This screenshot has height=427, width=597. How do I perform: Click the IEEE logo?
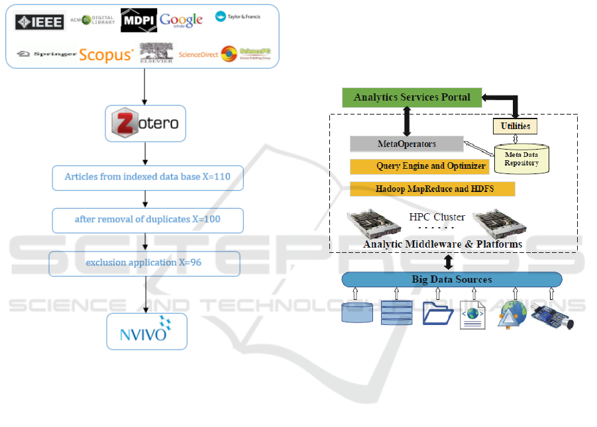pos(40,22)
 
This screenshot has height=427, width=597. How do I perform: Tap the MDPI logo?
pos(138,21)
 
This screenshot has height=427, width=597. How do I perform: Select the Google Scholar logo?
pos(181,21)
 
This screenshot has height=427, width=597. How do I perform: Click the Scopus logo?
pos(106,55)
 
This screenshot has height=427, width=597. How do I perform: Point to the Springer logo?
pos(47,54)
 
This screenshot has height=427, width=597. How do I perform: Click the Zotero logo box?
pos(146,122)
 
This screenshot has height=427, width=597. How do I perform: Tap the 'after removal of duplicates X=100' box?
pos(146,220)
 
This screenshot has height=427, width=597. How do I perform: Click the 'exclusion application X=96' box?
pos(144,263)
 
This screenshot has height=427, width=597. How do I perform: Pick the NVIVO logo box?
pos(146,331)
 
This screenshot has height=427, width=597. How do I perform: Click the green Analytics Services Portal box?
pos(411,97)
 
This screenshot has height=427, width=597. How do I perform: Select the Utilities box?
pos(515,125)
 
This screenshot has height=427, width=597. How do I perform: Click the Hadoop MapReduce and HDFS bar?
pos(432,189)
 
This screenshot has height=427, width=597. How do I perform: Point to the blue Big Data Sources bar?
pos(452,279)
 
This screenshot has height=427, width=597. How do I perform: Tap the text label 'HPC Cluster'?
pos(437,217)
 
